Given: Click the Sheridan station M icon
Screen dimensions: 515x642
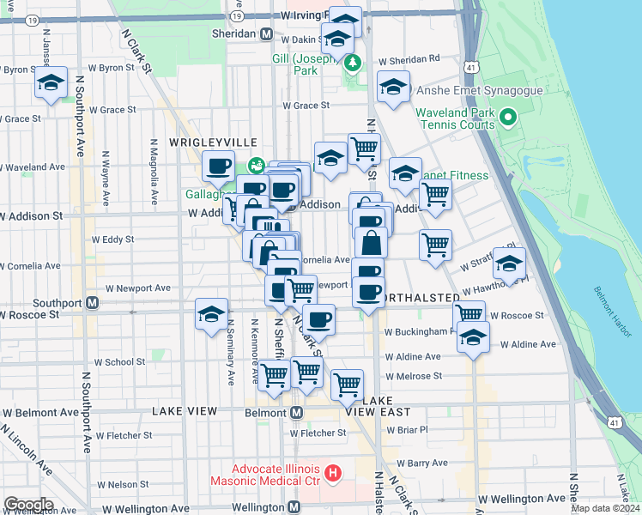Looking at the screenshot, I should click(267, 33).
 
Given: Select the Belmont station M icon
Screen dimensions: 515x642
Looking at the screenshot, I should click(296, 412).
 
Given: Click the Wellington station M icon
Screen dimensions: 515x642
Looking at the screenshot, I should click(294, 507).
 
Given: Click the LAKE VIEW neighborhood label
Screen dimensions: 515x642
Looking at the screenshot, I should click(185, 411).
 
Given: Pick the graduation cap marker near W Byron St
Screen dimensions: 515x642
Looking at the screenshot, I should click(51, 83).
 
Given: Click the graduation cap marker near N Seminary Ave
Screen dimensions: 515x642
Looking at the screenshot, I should click(211, 315).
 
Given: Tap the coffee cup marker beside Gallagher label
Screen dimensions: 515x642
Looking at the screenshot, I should click(218, 165).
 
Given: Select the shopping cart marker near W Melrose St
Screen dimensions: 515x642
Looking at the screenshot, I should click(347, 385).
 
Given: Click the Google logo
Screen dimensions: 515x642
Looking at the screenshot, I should click(28, 505).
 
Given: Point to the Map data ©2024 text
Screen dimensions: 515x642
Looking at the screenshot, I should click(604, 508).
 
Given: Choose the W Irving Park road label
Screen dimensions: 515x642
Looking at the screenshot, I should click(293, 15).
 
